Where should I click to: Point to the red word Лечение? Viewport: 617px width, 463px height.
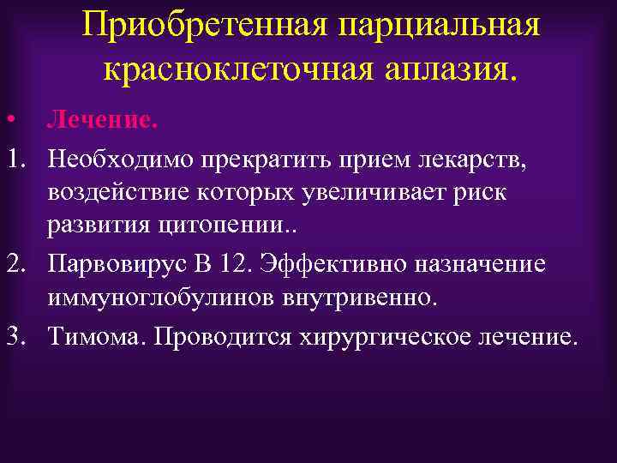pos(103,120)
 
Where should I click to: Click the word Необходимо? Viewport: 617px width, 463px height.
pos(119,158)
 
